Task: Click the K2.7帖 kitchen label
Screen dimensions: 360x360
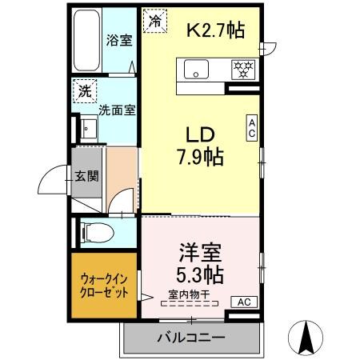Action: [215, 31]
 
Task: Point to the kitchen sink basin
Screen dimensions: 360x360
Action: [197, 70]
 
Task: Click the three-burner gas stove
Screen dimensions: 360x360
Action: [243, 70]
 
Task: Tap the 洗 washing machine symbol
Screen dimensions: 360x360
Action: [84, 92]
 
